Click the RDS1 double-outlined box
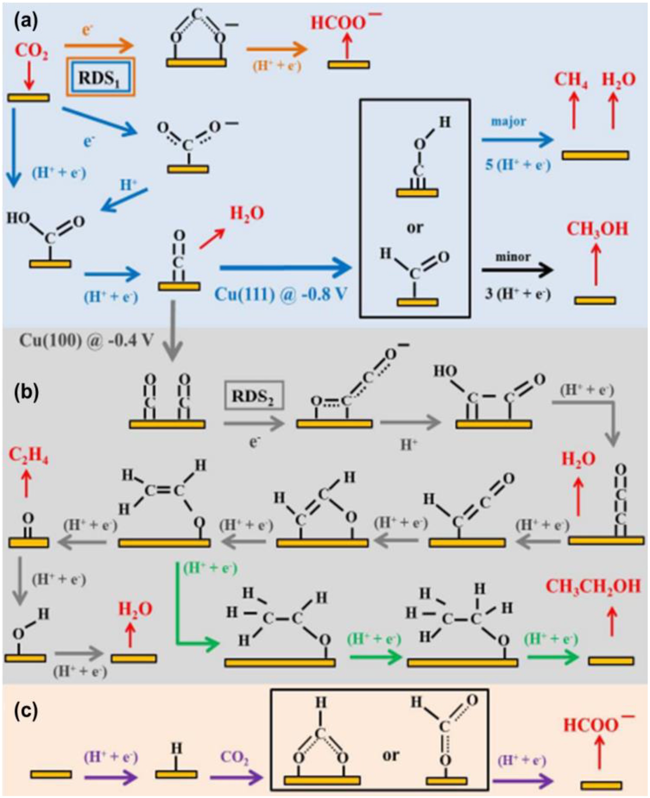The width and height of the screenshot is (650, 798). click(100, 77)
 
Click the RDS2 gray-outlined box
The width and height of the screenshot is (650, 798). click(253, 395)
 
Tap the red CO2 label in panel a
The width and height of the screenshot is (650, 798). click(32, 52)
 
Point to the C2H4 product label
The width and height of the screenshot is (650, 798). click(28, 455)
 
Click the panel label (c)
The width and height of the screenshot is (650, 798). click(26, 711)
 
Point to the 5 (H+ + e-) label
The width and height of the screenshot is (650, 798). click(518, 165)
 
